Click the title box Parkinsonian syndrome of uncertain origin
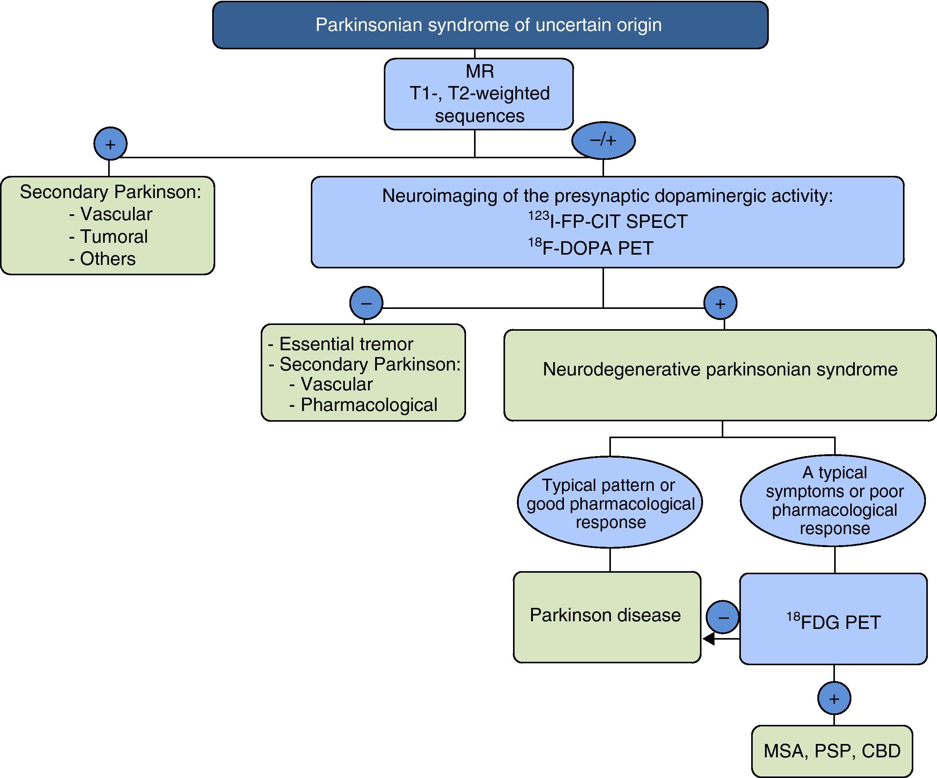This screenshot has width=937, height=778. click(x=490, y=25)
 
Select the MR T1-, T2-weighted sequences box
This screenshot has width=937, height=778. click(x=479, y=94)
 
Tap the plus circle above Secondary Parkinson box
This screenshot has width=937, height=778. click(x=110, y=144)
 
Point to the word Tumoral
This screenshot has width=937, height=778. click(x=114, y=236)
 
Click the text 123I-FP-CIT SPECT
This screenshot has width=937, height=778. click(x=608, y=221)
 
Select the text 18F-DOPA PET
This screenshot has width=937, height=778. click(x=591, y=248)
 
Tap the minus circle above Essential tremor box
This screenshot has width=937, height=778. click(x=366, y=303)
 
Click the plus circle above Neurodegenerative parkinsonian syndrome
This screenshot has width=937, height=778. click(x=720, y=303)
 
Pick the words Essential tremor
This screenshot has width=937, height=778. click(x=346, y=344)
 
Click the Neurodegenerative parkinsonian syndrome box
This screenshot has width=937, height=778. click(x=720, y=375)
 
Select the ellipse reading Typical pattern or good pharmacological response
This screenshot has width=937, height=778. click(x=610, y=503)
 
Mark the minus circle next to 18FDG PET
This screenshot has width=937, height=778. click(x=723, y=617)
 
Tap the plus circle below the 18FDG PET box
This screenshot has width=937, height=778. click(x=834, y=698)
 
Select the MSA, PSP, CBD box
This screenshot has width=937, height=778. click(x=832, y=751)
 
